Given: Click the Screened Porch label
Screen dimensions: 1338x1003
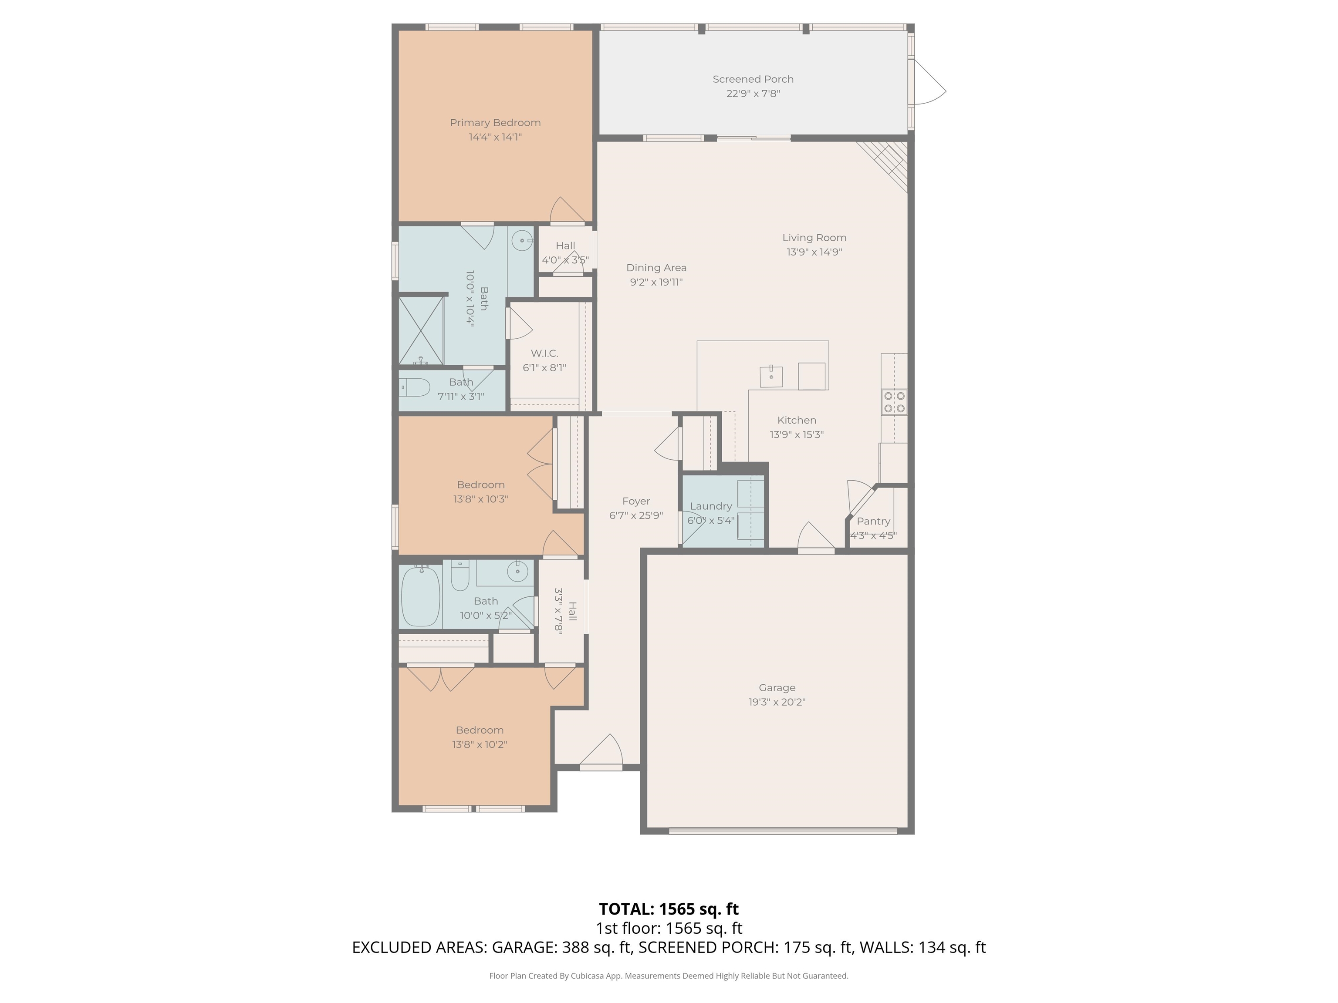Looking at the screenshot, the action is [753, 79].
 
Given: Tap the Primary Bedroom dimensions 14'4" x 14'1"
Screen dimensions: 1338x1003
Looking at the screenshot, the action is [495, 137].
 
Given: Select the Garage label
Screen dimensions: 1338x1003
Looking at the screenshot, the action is [777, 687].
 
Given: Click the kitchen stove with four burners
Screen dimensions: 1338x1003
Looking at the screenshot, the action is [894, 402].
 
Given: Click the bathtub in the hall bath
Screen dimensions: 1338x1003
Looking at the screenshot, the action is [421, 596].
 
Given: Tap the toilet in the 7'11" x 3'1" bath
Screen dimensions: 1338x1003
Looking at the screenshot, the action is [414, 386].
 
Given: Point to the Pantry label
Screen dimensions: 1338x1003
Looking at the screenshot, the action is [873, 521].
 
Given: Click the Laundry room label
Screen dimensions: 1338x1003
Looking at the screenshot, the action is [711, 506].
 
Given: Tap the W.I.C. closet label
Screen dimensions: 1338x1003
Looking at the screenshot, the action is [544, 353].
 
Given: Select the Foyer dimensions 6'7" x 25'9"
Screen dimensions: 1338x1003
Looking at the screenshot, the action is [636, 516].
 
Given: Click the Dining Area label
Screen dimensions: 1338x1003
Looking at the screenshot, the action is [656, 268].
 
